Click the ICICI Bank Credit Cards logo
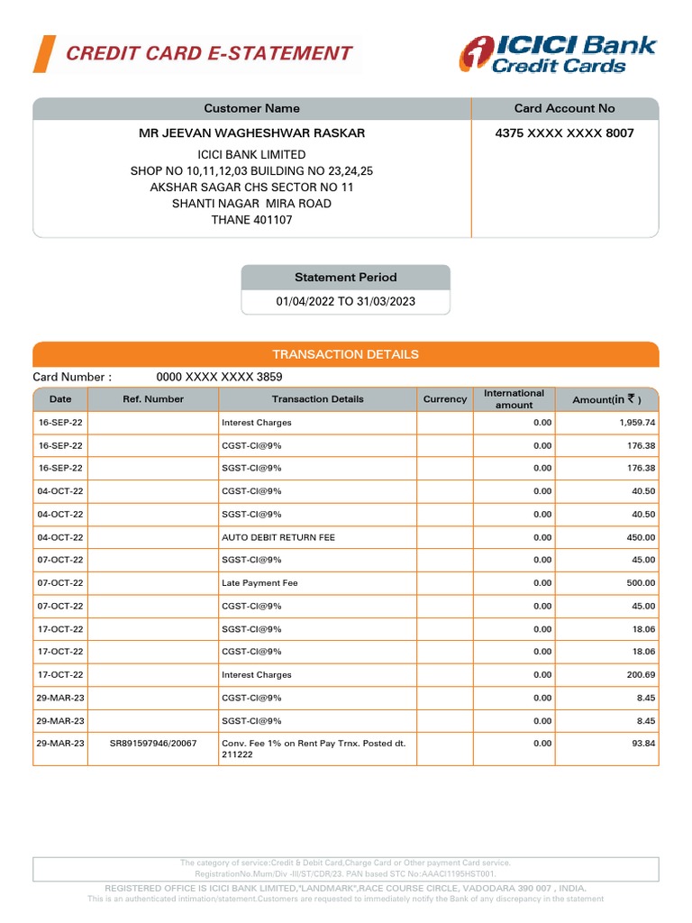pyautogui.click(x=559, y=54)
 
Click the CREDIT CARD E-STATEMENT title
pyautogui.click(x=209, y=53)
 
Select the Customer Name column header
pyautogui.click(x=251, y=108)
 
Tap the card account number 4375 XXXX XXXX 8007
pyautogui.click(x=564, y=133)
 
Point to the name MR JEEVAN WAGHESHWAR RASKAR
pyautogui.click(x=251, y=133)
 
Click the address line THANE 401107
pyautogui.click(x=251, y=220)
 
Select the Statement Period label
pyautogui.click(x=345, y=278)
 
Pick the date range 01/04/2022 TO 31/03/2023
pyautogui.click(x=345, y=302)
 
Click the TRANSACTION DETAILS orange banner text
pyautogui.click(x=345, y=354)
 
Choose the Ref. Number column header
pyautogui.click(x=153, y=399)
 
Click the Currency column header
pyautogui.click(x=445, y=399)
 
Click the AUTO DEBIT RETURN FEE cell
pyautogui.click(x=278, y=537)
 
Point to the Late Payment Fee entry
pyautogui.click(x=259, y=583)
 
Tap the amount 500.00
pyautogui.click(x=642, y=583)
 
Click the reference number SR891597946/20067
pyautogui.click(x=152, y=744)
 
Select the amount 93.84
pyautogui.click(x=643, y=744)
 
